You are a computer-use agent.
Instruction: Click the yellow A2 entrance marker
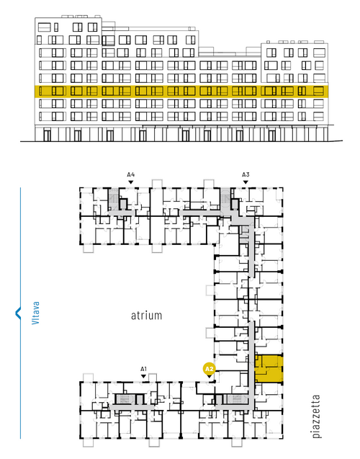(209, 369)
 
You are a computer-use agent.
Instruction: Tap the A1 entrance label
(143, 369)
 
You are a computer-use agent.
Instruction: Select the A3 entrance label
(246, 175)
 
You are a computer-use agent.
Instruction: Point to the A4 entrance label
(131, 175)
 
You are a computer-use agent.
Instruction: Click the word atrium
(146, 316)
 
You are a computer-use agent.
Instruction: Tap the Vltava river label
(35, 313)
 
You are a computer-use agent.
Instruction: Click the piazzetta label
(316, 416)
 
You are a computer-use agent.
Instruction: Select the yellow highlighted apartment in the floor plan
(269, 369)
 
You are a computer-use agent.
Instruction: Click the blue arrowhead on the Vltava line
(18, 313)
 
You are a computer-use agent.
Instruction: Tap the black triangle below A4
(131, 182)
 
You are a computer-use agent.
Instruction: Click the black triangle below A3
(246, 182)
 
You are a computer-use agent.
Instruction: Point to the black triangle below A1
(143, 376)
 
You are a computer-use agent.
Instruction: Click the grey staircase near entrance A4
(113, 199)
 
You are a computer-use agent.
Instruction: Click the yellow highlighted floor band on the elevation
(181, 92)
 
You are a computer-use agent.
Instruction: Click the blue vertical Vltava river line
(20, 313)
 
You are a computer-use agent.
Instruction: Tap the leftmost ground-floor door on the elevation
(47, 135)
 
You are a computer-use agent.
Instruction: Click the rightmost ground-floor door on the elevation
(272, 135)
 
